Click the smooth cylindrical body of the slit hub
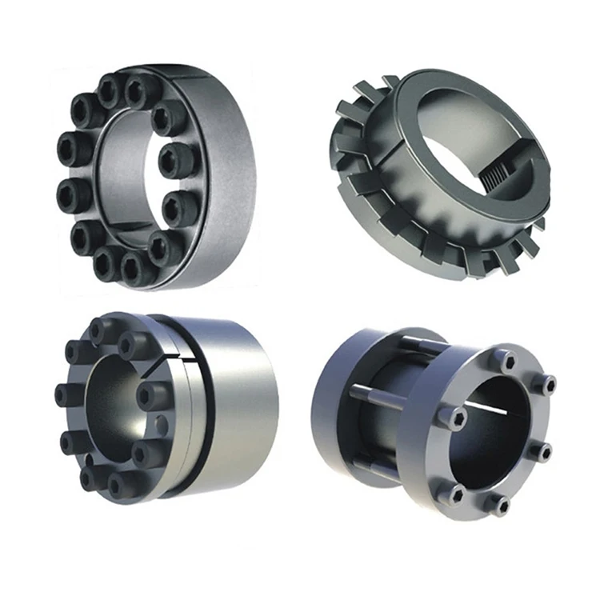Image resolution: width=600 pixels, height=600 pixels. pyautogui.click(x=240, y=400)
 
